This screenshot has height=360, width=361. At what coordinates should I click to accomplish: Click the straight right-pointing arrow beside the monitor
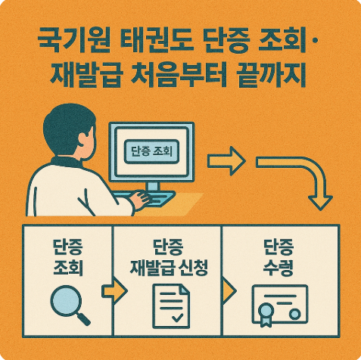[x=227, y=161]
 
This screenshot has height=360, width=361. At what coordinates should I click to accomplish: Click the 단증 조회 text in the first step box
[x=68, y=257]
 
